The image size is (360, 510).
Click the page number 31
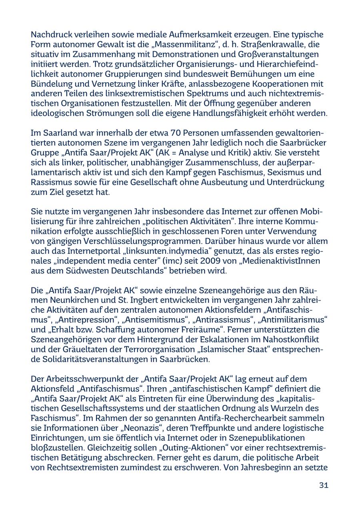[x=324, y=485]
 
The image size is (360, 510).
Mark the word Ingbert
[x=140, y=300]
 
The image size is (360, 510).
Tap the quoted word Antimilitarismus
[x=293, y=320]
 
